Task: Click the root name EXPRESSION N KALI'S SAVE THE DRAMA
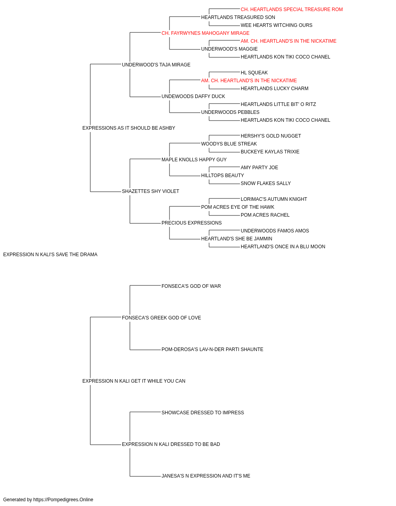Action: click(50, 255)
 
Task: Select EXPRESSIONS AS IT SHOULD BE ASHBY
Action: click(128, 128)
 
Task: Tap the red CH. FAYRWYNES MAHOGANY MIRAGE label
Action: click(205, 33)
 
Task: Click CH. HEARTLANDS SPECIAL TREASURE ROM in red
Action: click(291, 9)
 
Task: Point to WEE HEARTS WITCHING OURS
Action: click(276, 25)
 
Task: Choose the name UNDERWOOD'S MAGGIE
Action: click(229, 49)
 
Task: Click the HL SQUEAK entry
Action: click(254, 73)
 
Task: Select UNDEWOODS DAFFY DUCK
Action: click(193, 96)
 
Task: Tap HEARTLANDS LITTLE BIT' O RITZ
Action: click(278, 104)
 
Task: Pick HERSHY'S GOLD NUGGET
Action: click(270, 136)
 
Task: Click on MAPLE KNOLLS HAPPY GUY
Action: click(194, 160)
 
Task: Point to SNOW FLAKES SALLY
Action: click(266, 183)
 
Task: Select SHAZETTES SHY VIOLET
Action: click(150, 191)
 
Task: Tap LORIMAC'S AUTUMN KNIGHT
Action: click(274, 199)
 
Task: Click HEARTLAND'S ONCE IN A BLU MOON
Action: click(283, 247)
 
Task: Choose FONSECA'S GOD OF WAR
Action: click(191, 286)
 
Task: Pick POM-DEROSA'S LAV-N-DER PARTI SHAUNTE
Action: click(212, 349)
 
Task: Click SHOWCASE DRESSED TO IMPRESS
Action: click(203, 413)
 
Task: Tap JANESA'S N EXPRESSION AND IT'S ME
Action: click(206, 476)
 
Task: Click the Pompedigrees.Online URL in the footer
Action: click(63, 500)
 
